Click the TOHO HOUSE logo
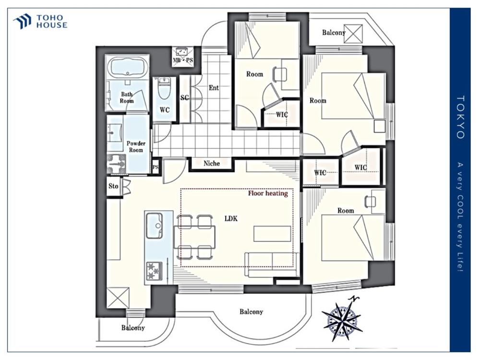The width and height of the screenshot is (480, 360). click(40, 22)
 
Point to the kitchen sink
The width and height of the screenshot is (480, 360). click(154, 225)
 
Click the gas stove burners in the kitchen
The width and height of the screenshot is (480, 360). click(154, 271)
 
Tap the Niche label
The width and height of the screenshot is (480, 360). click(212, 164)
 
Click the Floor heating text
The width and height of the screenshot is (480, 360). click(268, 193)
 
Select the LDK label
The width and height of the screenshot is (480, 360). click(231, 218)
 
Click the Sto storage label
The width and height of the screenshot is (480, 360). click(113, 186)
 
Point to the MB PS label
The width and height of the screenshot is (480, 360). click(183, 60)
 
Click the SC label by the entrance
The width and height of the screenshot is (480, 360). click(184, 98)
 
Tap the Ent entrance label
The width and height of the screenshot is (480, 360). click(214, 88)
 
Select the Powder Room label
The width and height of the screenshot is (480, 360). click(136, 146)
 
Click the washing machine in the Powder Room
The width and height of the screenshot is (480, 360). click(117, 163)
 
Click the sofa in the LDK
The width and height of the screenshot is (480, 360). click(272, 264)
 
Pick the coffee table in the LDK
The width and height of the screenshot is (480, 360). click(272, 234)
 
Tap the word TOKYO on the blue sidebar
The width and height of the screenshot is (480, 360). click(460, 117)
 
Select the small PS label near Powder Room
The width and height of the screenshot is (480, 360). click(156, 168)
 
